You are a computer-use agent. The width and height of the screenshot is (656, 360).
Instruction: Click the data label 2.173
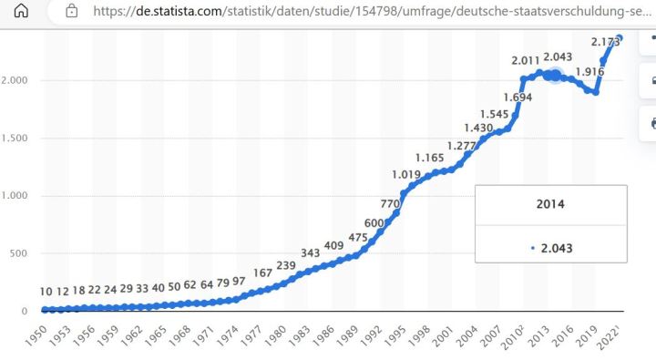click(x=606, y=42)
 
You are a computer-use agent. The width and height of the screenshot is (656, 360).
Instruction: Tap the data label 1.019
click(x=406, y=174)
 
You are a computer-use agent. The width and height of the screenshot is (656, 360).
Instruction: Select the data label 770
click(x=390, y=203)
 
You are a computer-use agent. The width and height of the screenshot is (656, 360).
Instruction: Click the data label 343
click(x=310, y=252)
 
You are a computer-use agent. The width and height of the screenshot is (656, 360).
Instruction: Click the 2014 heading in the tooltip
click(x=550, y=203)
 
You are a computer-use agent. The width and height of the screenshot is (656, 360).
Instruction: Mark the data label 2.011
click(x=527, y=60)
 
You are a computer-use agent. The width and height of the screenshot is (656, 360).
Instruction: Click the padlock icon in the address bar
click(x=72, y=13)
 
